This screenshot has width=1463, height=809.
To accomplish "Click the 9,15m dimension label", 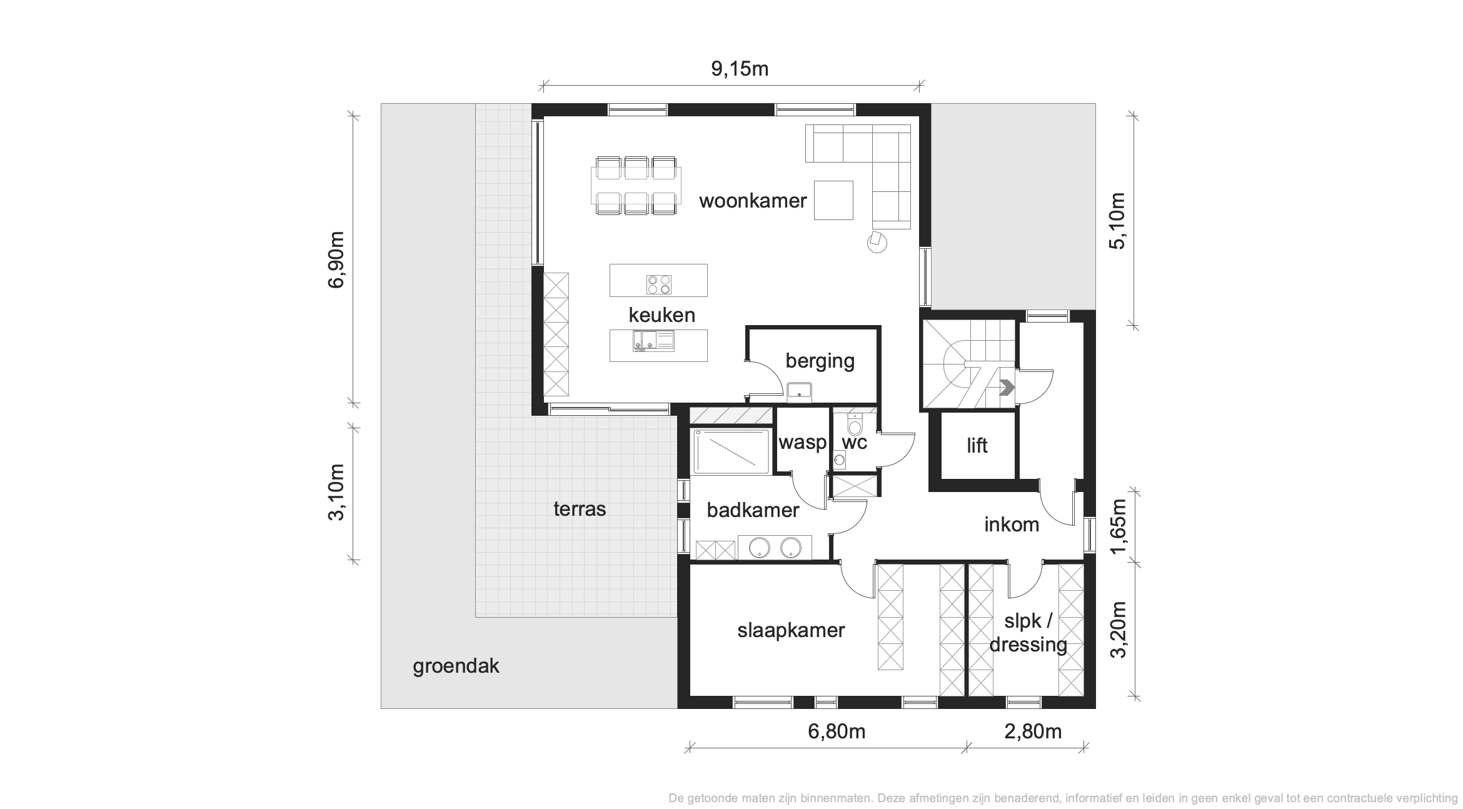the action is (740, 69).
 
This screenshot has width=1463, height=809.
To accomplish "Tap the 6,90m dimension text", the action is (336, 259).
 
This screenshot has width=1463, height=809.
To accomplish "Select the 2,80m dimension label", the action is (1033, 731).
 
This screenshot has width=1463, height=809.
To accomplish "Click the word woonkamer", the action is (753, 201).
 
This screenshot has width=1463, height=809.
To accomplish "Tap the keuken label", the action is (661, 314).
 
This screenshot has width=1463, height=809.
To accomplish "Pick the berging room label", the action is (820, 361).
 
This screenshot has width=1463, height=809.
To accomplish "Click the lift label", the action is (977, 445).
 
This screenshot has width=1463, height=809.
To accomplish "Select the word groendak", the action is (456, 666).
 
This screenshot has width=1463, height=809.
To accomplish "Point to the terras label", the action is (580, 509).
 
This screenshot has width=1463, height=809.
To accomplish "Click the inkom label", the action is (1012, 525).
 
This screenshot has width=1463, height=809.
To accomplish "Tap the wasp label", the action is (802, 443).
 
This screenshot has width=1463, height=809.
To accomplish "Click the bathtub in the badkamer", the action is (731, 451).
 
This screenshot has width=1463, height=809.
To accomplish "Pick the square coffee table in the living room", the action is (833, 200).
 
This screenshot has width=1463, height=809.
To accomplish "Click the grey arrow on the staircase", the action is (1007, 388).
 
